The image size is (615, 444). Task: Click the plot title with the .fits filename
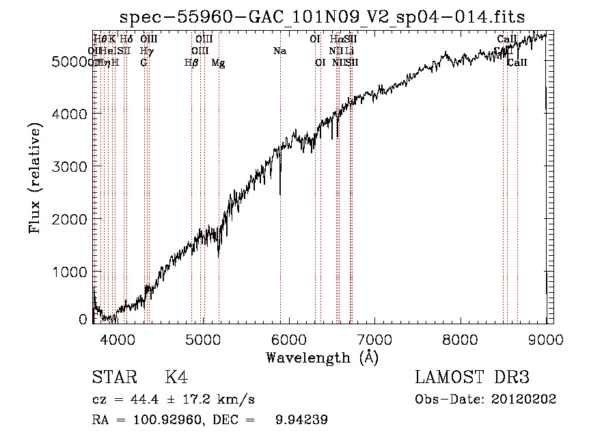tap(323, 17)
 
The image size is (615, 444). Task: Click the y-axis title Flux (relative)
tap(36, 178)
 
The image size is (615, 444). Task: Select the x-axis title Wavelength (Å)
tap(322, 357)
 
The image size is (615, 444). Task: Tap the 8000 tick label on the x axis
tap(460, 338)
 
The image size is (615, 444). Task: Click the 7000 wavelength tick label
tap(374, 338)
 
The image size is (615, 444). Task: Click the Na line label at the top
tap(279, 51)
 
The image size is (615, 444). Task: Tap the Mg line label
tap(218, 63)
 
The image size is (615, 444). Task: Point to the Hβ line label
tap(191, 63)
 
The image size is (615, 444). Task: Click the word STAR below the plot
tap(113, 378)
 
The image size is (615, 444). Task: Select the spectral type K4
tap(176, 378)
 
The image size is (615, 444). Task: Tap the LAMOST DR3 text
tap(471, 378)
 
